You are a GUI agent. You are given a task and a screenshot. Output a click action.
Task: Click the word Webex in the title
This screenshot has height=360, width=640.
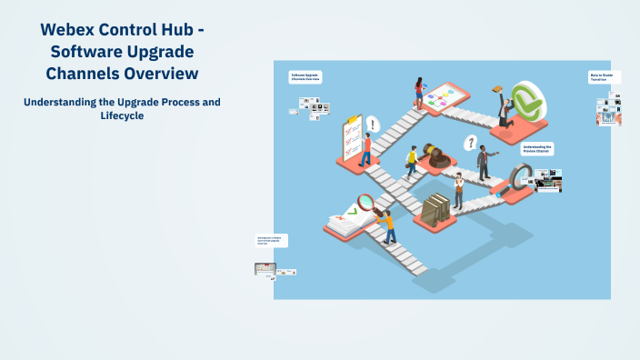[70, 30]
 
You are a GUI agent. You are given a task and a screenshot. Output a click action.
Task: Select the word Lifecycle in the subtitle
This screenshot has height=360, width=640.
[122, 116]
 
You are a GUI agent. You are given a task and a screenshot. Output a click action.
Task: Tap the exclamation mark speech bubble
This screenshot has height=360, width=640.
[372, 123]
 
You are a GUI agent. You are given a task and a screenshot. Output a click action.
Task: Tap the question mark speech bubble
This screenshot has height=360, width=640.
[470, 142]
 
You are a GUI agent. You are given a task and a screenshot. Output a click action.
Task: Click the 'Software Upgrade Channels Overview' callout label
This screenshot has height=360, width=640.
[306, 77]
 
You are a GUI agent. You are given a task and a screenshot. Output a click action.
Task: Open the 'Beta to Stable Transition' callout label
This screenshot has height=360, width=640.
[604, 78]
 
